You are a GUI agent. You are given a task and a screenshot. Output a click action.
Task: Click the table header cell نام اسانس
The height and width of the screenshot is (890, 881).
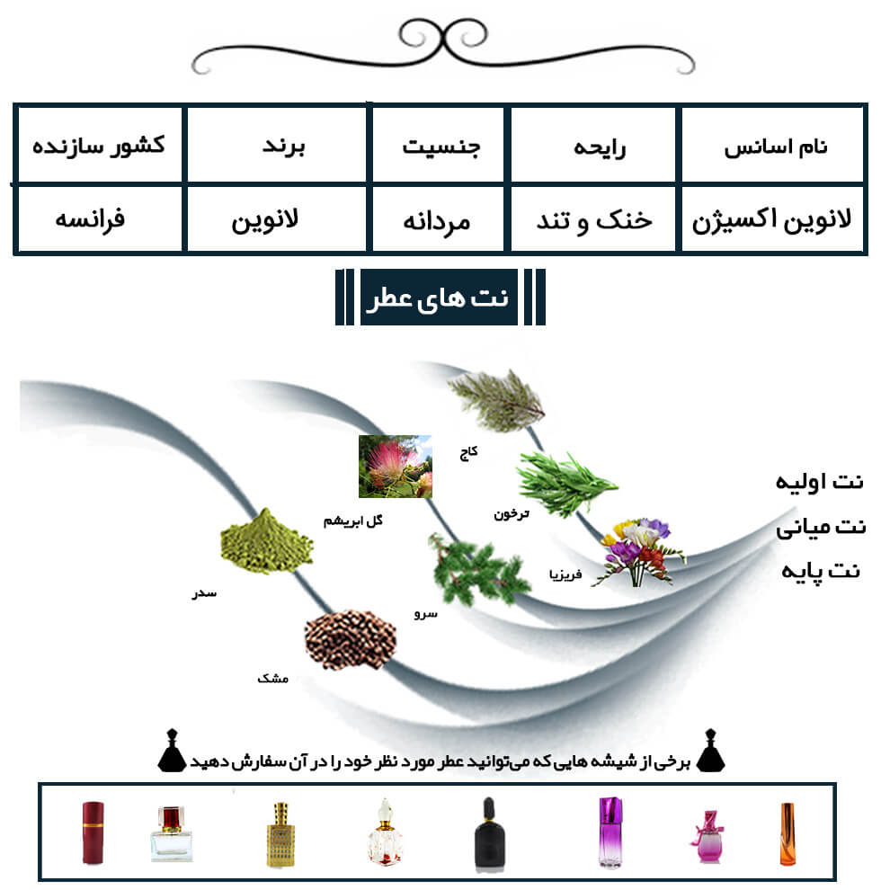pyautogui.click(x=776, y=147)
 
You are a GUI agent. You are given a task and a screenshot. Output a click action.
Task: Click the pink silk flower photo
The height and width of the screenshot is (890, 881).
pyautogui.click(x=395, y=467)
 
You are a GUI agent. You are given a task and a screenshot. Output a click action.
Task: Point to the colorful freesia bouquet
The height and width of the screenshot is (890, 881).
pyautogui.click(x=639, y=550)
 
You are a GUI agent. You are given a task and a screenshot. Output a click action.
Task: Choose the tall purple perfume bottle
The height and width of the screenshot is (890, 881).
pyautogui.click(x=610, y=832)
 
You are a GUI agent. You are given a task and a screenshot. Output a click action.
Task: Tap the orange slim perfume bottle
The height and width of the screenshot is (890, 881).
pyautogui.click(x=787, y=834)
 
